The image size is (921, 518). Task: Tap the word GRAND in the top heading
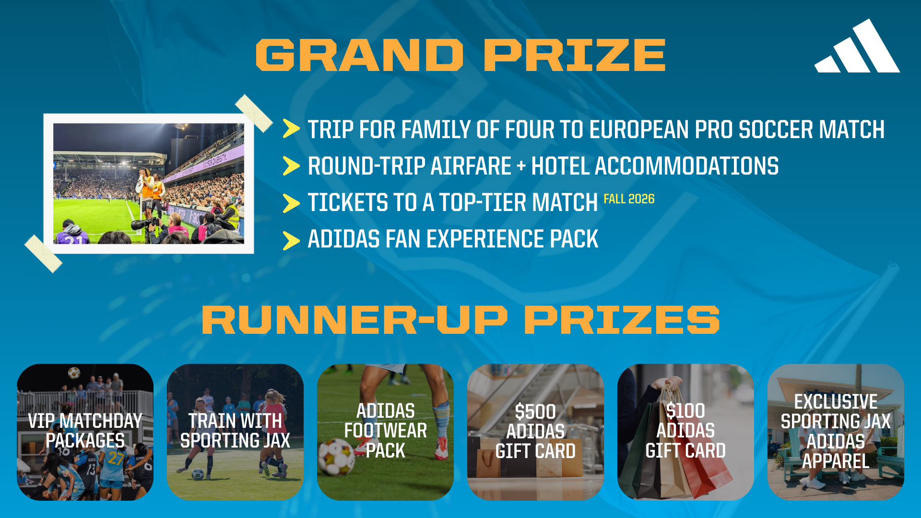pos(360,55)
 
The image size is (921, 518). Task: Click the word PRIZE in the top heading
pos(575,55)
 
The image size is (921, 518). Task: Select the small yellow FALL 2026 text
pos(629,199)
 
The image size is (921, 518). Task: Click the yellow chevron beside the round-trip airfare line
pos(291,166)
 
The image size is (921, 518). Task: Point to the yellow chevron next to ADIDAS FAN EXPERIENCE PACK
pos(291,241)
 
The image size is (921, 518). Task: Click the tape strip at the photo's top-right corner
pos(254,113)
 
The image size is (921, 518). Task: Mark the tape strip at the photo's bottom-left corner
pos(44,254)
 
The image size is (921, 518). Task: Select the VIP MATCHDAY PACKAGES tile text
pos(85,431)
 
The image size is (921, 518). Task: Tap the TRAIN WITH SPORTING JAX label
pos(235,431)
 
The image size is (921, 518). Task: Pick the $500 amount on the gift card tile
pos(535,412)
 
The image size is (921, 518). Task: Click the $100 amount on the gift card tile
pos(685,411)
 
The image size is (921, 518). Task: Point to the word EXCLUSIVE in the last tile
pos(836,402)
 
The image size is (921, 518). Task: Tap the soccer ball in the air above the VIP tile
pos(74,373)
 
